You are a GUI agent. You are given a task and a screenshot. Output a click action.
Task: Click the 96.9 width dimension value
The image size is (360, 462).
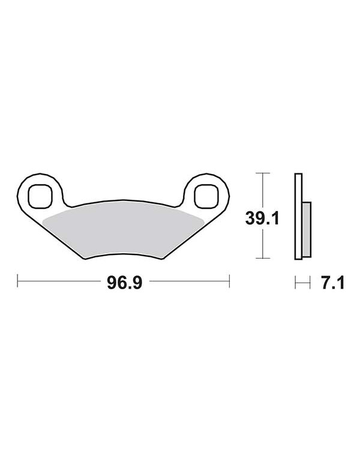tap(124, 283)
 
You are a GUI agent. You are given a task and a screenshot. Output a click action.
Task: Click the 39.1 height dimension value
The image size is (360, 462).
tap(262, 218)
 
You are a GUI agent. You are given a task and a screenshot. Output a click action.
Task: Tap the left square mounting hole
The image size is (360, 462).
tap(40, 196)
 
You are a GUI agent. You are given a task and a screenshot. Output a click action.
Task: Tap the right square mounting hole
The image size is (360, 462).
tap(206, 196)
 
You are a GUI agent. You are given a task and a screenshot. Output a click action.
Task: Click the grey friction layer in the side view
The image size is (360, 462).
tap(306, 229)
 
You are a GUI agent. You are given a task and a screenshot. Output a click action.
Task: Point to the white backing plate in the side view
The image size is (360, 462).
tap(298, 216)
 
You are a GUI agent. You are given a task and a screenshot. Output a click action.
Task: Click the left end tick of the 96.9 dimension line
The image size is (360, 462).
tap(17, 281)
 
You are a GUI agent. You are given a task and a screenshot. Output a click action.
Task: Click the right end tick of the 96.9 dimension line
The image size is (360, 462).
tap(229, 281)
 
